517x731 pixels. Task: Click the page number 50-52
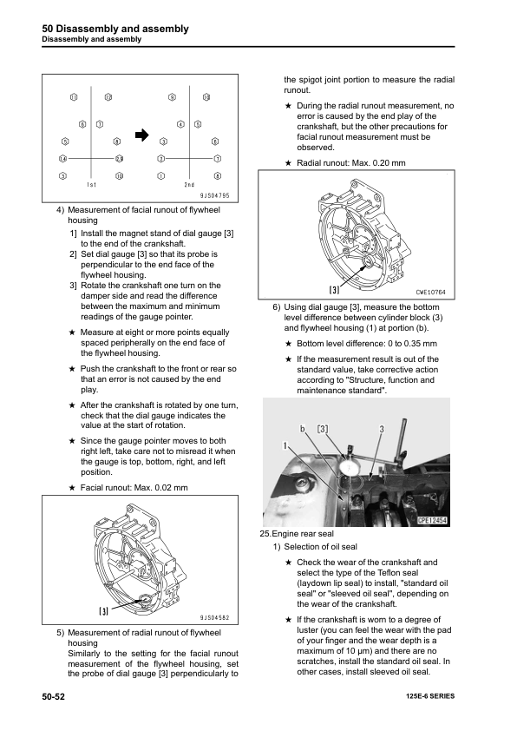[x=53, y=696]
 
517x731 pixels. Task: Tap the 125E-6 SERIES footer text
[x=430, y=696]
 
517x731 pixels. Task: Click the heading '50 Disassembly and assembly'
[x=115, y=29]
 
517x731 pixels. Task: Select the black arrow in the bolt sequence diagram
[x=141, y=135]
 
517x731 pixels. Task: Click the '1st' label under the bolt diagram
[x=91, y=185]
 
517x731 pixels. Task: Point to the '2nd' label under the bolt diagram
[x=189, y=185]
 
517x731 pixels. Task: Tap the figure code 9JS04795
[x=215, y=196]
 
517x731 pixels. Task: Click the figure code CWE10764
[x=430, y=293]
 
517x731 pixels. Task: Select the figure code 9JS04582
[x=215, y=618]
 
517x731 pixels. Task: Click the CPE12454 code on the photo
[x=433, y=520]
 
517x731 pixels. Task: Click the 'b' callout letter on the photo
[x=303, y=429]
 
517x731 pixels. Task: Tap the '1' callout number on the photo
[x=285, y=446]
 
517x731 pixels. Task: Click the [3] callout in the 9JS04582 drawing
[x=103, y=610]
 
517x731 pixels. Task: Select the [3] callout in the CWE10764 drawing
[x=335, y=290]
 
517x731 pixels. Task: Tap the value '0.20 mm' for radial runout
[x=389, y=163]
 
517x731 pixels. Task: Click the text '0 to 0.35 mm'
[x=413, y=344]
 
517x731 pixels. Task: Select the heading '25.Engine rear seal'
[x=297, y=534]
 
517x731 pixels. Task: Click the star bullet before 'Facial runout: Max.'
[x=72, y=488]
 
